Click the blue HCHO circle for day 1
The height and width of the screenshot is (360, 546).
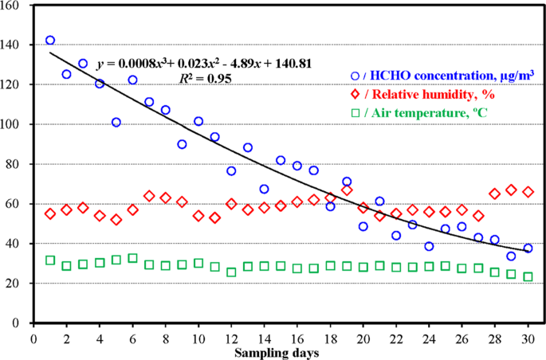point(50,40)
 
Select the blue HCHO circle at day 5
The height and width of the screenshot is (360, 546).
point(116,122)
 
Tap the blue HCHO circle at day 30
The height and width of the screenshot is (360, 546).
point(528,248)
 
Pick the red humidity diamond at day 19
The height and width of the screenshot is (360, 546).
point(347,190)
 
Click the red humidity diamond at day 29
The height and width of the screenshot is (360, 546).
point(511,190)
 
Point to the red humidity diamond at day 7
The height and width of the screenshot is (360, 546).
point(149,196)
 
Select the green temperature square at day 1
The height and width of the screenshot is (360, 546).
point(50,260)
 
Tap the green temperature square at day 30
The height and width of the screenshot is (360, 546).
point(528,276)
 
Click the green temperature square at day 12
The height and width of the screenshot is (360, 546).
point(231,272)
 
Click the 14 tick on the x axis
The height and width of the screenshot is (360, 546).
point(264,337)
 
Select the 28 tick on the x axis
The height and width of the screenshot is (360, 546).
point(494,337)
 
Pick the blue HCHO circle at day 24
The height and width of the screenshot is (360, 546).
point(429,246)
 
